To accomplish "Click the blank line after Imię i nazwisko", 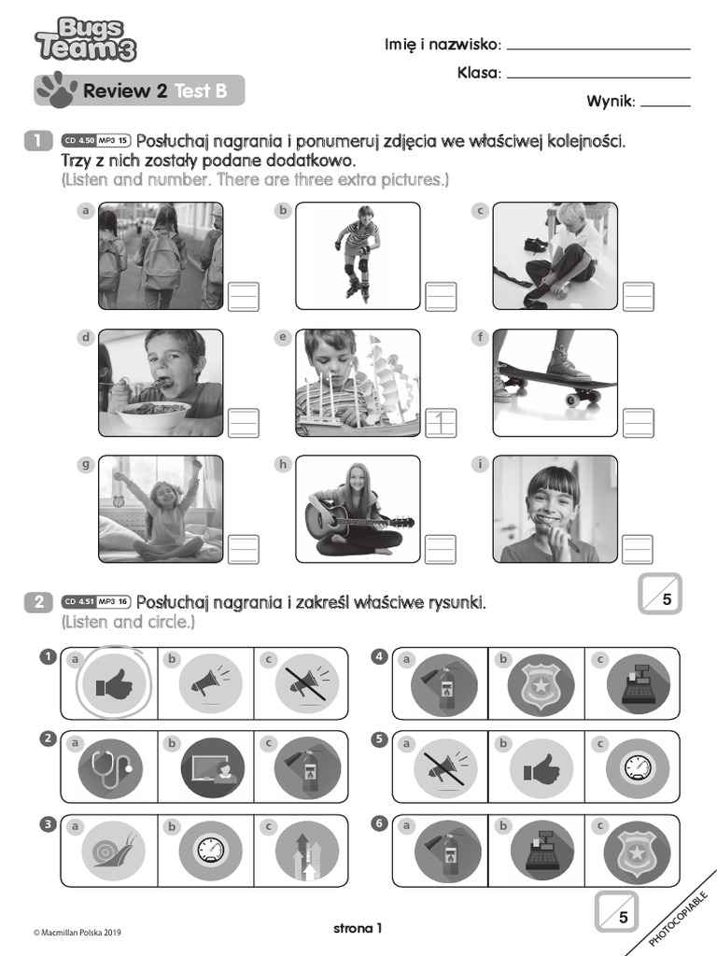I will (597, 47).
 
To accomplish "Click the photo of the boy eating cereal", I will (161, 382).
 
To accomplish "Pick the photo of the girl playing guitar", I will (358, 509).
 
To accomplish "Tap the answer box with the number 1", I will (440, 423).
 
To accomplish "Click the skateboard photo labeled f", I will (555, 382).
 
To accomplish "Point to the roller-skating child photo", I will (358, 255).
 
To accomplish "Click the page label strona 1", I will (358, 928).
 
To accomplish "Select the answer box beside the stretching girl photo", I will (243, 549).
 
